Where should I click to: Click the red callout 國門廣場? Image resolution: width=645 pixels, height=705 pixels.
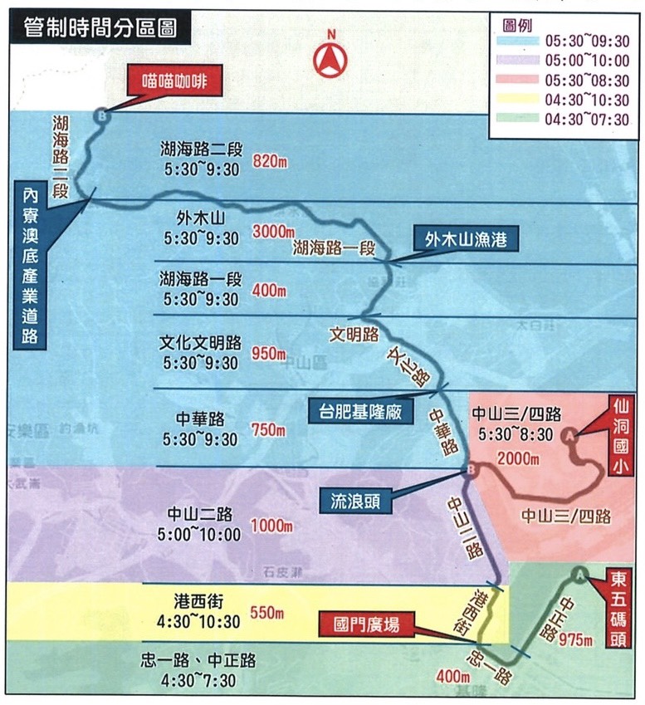click(367, 622)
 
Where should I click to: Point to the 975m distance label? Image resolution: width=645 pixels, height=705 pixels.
click(575, 640)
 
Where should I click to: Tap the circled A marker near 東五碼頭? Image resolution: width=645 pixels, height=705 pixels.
click(579, 573)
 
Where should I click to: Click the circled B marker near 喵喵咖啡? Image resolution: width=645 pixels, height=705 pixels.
click(101, 117)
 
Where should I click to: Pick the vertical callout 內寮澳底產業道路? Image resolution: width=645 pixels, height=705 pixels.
click(31, 265)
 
